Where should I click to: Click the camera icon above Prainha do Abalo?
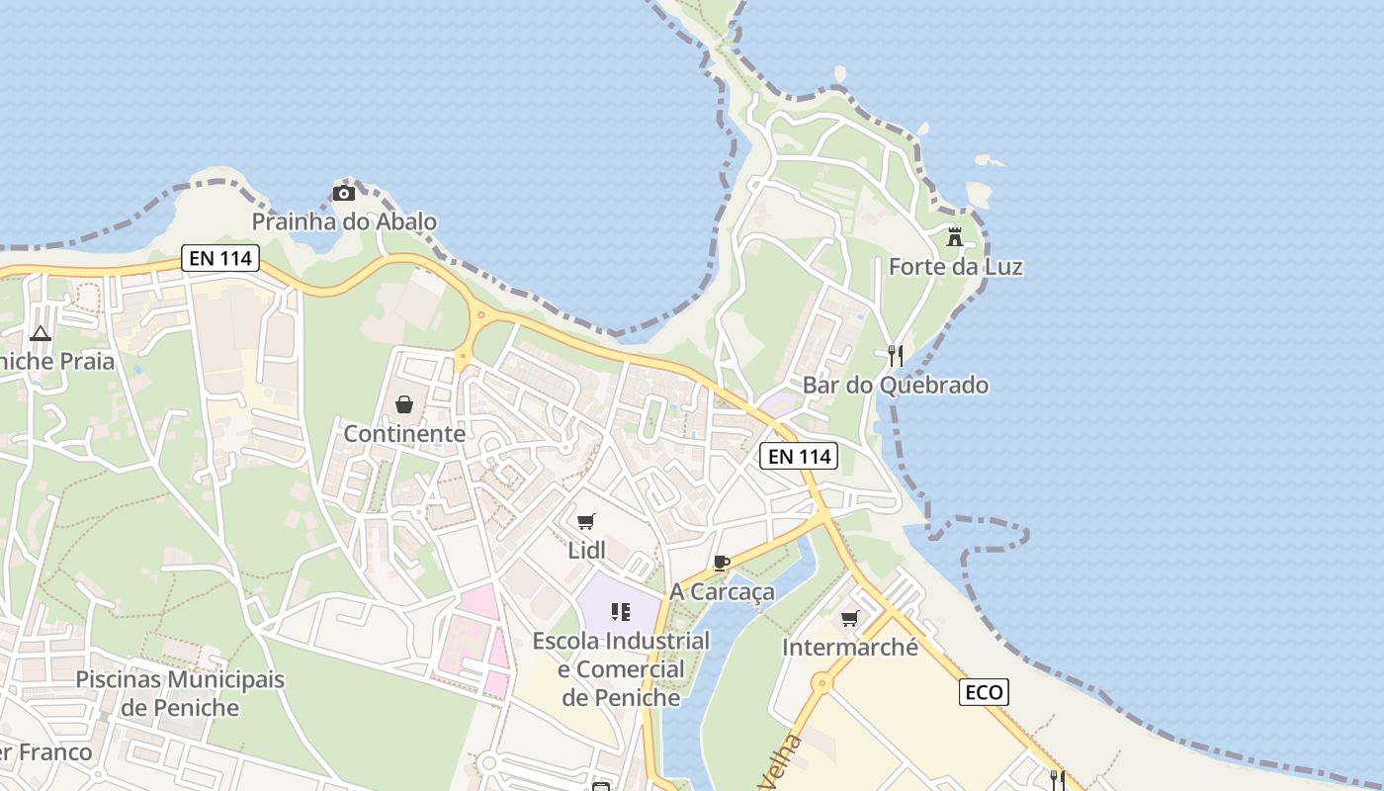pyautogui.click(x=343, y=193)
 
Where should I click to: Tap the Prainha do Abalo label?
pyautogui.click(x=344, y=221)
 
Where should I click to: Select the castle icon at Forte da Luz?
pyautogui.click(x=955, y=237)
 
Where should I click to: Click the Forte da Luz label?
pyautogui.click(x=955, y=267)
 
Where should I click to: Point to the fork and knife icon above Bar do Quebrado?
pyautogui.click(x=896, y=356)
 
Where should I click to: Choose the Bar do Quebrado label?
pyautogui.click(x=896, y=386)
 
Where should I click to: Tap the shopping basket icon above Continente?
pyautogui.click(x=404, y=404)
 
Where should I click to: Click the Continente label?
pyautogui.click(x=404, y=433)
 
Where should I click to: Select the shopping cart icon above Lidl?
pyautogui.click(x=586, y=521)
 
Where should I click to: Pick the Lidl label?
pyautogui.click(x=586, y=550)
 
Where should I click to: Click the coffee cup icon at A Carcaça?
pyautogui.click(x=722, y=564)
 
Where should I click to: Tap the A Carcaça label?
pyautogui.click(x=722, y=592)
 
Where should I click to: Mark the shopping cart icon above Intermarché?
pyautogui.click(x=849, y=619)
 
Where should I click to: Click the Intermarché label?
pyautogui.click(x=849, y=648)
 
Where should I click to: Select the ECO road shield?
pyautogui.click(x=984, y=692)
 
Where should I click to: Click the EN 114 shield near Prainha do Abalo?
pyautogui.click(x=220, y=259)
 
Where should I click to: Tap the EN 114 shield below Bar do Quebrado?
pyautogui.click(x=799, y=456)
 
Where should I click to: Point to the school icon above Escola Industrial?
pyautogui.click(x=621, y=612)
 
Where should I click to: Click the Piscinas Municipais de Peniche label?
pyautogui.click(x=180, y=694)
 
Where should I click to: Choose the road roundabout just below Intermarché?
pyautogui.click(x=822, y=682)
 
